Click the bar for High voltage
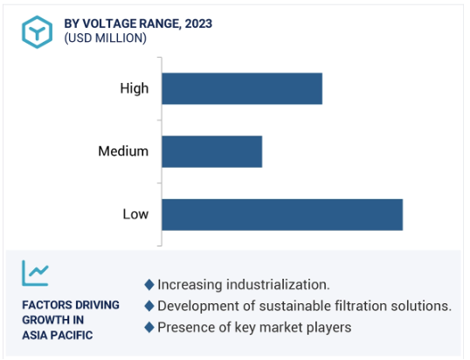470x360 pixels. coord(242,88)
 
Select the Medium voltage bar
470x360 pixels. coord(212,152)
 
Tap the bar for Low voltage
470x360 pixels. coord(282,215)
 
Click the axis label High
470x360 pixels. coord(135,89)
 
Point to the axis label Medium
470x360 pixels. coord(123,151)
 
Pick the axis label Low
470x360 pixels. coord(135,214)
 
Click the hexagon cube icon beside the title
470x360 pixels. coord(38,31)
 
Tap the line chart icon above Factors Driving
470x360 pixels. coord(35,273)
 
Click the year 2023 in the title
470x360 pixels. coord(198,24)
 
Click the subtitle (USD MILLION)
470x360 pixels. coord(105,38)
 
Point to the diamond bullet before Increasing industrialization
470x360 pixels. coord(149,285)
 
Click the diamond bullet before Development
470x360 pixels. coord(149,306)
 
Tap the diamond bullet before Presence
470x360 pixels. coord(149,328)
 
